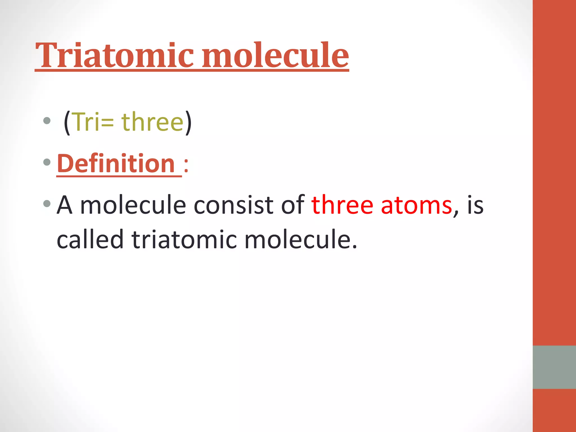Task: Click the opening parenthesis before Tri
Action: tap(67, 123)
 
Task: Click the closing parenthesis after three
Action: tap(188, 123)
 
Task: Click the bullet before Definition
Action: tap(47, 162)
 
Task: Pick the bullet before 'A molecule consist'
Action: tap(47, 203)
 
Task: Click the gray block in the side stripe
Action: tap(554, 367)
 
